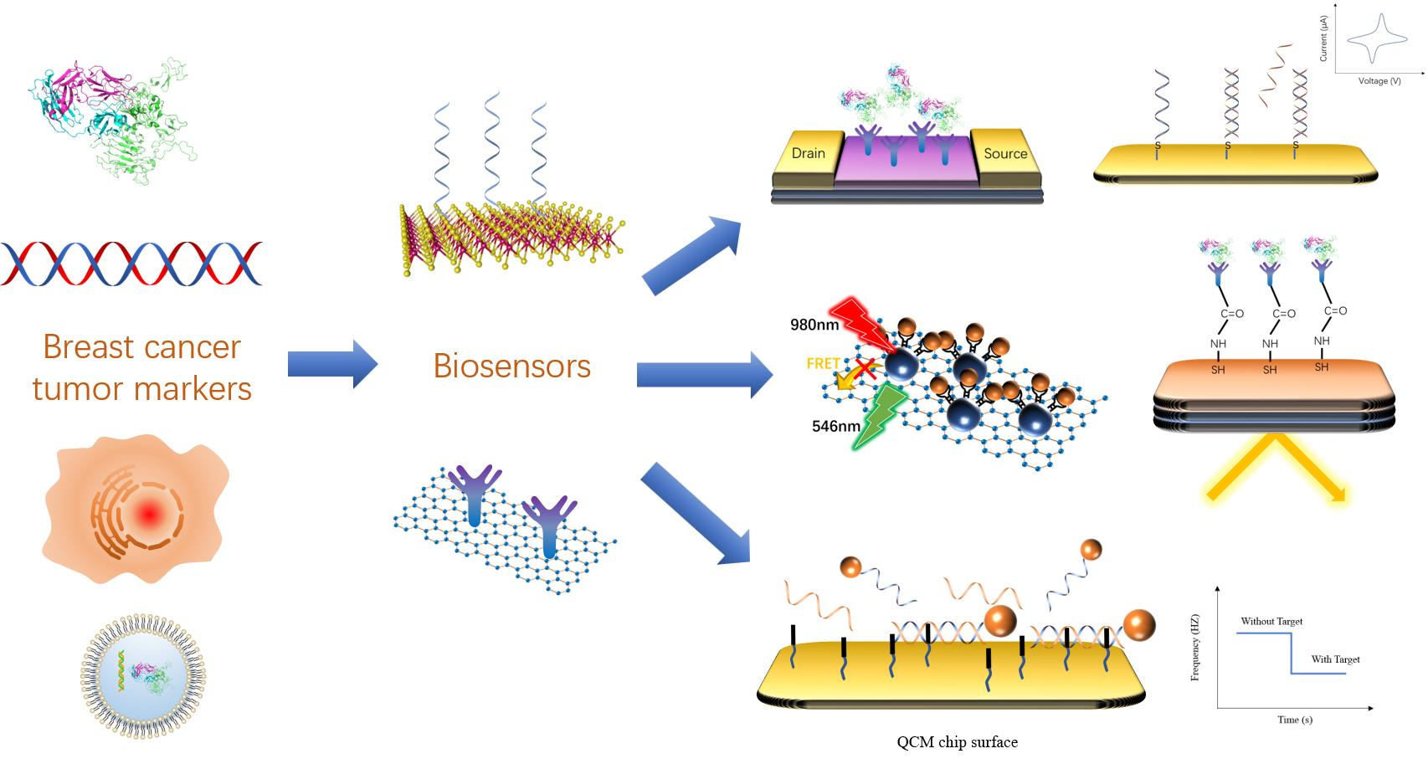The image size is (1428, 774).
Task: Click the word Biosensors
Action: [511, 366]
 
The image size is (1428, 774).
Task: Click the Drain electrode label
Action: [808, 153]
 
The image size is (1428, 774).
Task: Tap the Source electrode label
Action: [1004, 153]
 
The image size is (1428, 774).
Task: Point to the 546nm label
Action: [835, 426]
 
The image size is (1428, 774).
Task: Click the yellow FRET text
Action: [823, 364]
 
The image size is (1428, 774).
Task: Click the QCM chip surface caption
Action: [957, 741]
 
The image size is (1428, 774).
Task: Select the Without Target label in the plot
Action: [1271, 621]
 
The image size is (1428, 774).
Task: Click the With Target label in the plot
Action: [1335, 659]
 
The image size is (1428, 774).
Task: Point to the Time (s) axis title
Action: [1294, 720]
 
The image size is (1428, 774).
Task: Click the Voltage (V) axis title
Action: [1379, 81]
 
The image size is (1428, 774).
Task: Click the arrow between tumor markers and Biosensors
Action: [332, 364]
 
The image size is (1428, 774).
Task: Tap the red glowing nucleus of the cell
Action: [147, 515]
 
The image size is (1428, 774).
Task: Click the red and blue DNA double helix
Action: [131, 264]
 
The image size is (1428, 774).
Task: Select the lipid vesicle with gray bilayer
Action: [143, 676]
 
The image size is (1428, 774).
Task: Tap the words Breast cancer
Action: [141, 346]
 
